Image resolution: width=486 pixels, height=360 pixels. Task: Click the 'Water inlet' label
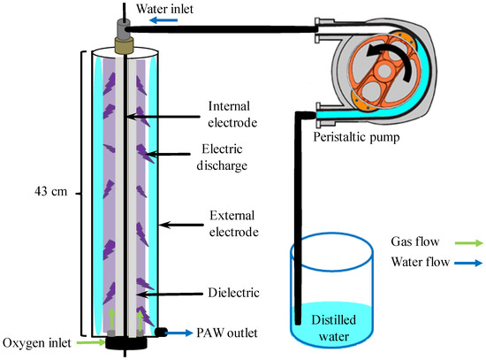(x=164, y=9)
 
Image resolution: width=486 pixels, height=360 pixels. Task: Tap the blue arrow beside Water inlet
(x=163, y=20)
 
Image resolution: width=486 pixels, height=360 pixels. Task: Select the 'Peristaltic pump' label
(x=356, y=137)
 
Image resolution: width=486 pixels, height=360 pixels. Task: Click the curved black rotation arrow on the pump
(x=391, y=59)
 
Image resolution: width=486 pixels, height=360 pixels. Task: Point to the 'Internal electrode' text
(x=232, y=114)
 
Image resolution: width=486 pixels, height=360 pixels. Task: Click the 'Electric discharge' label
(x=222, y=157)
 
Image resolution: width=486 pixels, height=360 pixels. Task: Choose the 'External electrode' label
(x=233, y=224)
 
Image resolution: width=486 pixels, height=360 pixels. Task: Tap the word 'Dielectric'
(x=233, y=293)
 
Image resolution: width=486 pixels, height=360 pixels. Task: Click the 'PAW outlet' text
(x=227, y=333)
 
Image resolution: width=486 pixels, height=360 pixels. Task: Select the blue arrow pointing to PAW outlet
(x=178, y=333)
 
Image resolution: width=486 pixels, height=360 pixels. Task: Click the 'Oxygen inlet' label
(x=37, y=343)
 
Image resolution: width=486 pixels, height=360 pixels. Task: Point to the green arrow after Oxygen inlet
(x=91, y=342)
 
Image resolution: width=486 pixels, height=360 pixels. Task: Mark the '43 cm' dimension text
(x=51, y=191)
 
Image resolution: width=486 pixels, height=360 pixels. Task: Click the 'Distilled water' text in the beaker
(x=333, y=328)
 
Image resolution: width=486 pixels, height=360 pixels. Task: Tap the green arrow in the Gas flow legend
(x=469, y=242)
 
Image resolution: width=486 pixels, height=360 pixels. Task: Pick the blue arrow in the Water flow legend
(x=468, y=264)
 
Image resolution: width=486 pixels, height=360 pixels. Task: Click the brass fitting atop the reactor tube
(x=124, y=46)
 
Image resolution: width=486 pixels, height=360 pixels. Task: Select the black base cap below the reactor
(x=126, y=343)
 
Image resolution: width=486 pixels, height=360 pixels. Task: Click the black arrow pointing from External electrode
(x=181, y=225)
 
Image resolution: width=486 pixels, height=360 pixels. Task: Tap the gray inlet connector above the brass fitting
(x=124, y=29)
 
